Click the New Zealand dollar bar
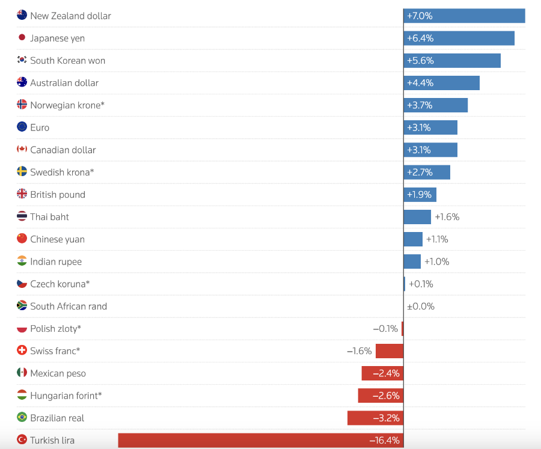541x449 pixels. [x=464, y=16]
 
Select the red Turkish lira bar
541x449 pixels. [x=260, y=440]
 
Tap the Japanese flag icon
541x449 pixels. [x=22, y=38]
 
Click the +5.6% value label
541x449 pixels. [x=420, y=61]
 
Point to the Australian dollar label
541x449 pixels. [x=64, y=83]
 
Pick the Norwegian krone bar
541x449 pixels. [x=435, y=105]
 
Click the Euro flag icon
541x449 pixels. [x=22, y=127]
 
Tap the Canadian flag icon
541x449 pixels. [x=22, y=150]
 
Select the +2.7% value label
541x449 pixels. [x=420, y=173]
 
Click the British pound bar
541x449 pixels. [x=420, y=195]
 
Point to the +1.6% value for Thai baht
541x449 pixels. [x=447, y=217]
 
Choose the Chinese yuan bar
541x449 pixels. [x=413, y=239]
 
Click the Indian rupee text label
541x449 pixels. [x=56, y=261]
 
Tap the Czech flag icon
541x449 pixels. [x=22, y=284]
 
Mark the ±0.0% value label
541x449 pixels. [x=420, y=306]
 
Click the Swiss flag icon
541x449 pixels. [x=22, y=350]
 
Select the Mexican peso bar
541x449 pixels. [x=382, y=373]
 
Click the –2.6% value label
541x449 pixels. [x=386, y=396]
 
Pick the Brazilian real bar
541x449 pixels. [x=375, y=418]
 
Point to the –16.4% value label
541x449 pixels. [x=384, y=440]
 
